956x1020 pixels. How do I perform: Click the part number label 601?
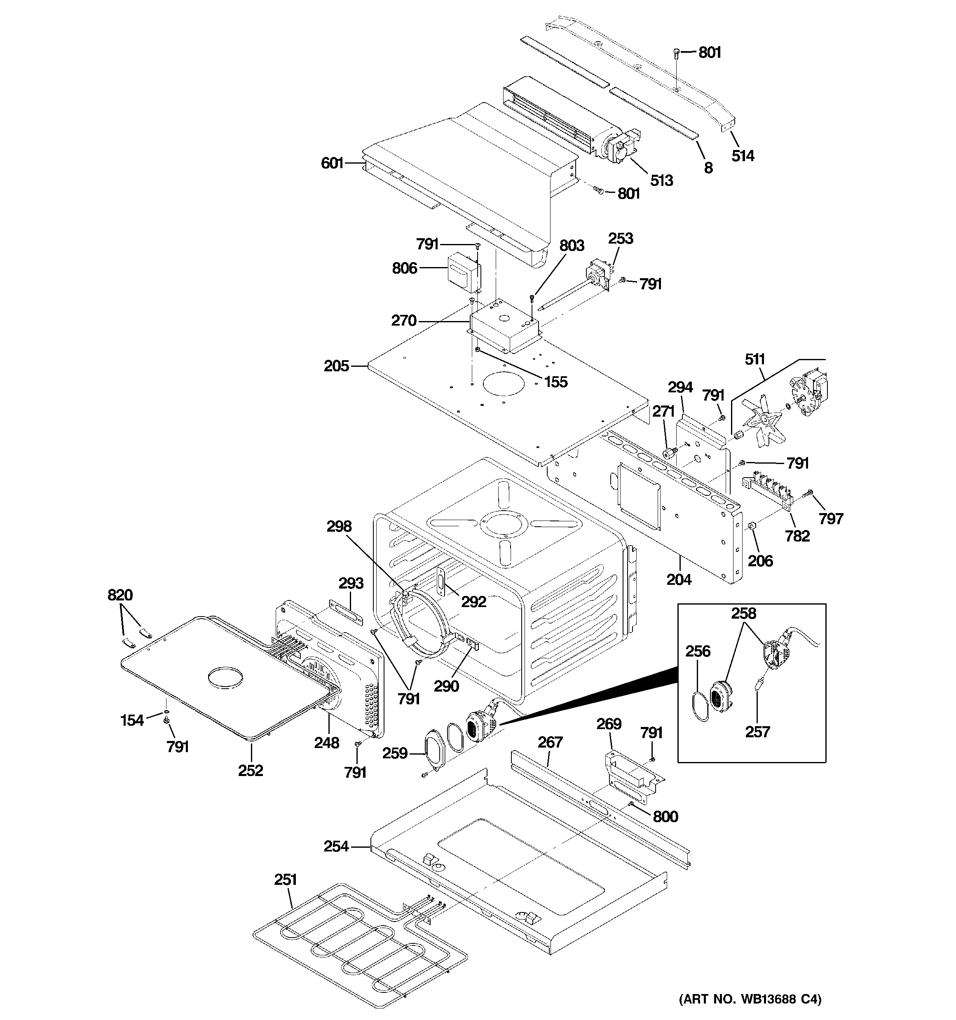331,163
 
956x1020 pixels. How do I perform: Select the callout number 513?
661,180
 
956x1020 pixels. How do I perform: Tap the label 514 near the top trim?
743,155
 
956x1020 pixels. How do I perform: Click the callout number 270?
403,321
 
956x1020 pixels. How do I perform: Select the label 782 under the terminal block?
797,536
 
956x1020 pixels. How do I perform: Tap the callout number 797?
831,519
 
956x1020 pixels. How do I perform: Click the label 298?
339,526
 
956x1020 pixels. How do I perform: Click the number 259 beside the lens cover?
395,753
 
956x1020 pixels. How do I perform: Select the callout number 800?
665,816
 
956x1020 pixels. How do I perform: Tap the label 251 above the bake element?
285,880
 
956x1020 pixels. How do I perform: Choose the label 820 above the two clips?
120,595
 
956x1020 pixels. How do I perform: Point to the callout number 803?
572,246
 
